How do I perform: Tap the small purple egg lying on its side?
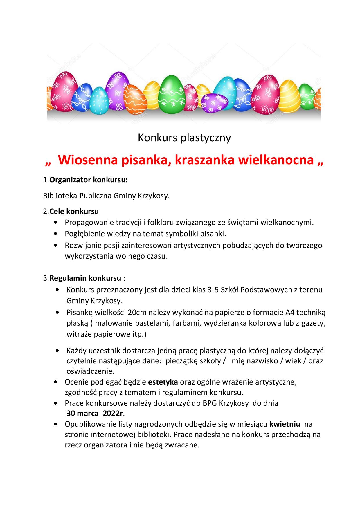point(215,103)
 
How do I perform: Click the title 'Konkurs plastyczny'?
point(184,138)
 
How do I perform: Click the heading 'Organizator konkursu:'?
point(89,180)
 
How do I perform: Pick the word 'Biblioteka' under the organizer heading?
point(60,196)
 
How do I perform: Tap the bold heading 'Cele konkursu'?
point(74,211)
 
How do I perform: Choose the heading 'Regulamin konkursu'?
point(85,278)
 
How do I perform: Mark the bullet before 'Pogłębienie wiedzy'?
point(55,234)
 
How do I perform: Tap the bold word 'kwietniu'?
point(285,424)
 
